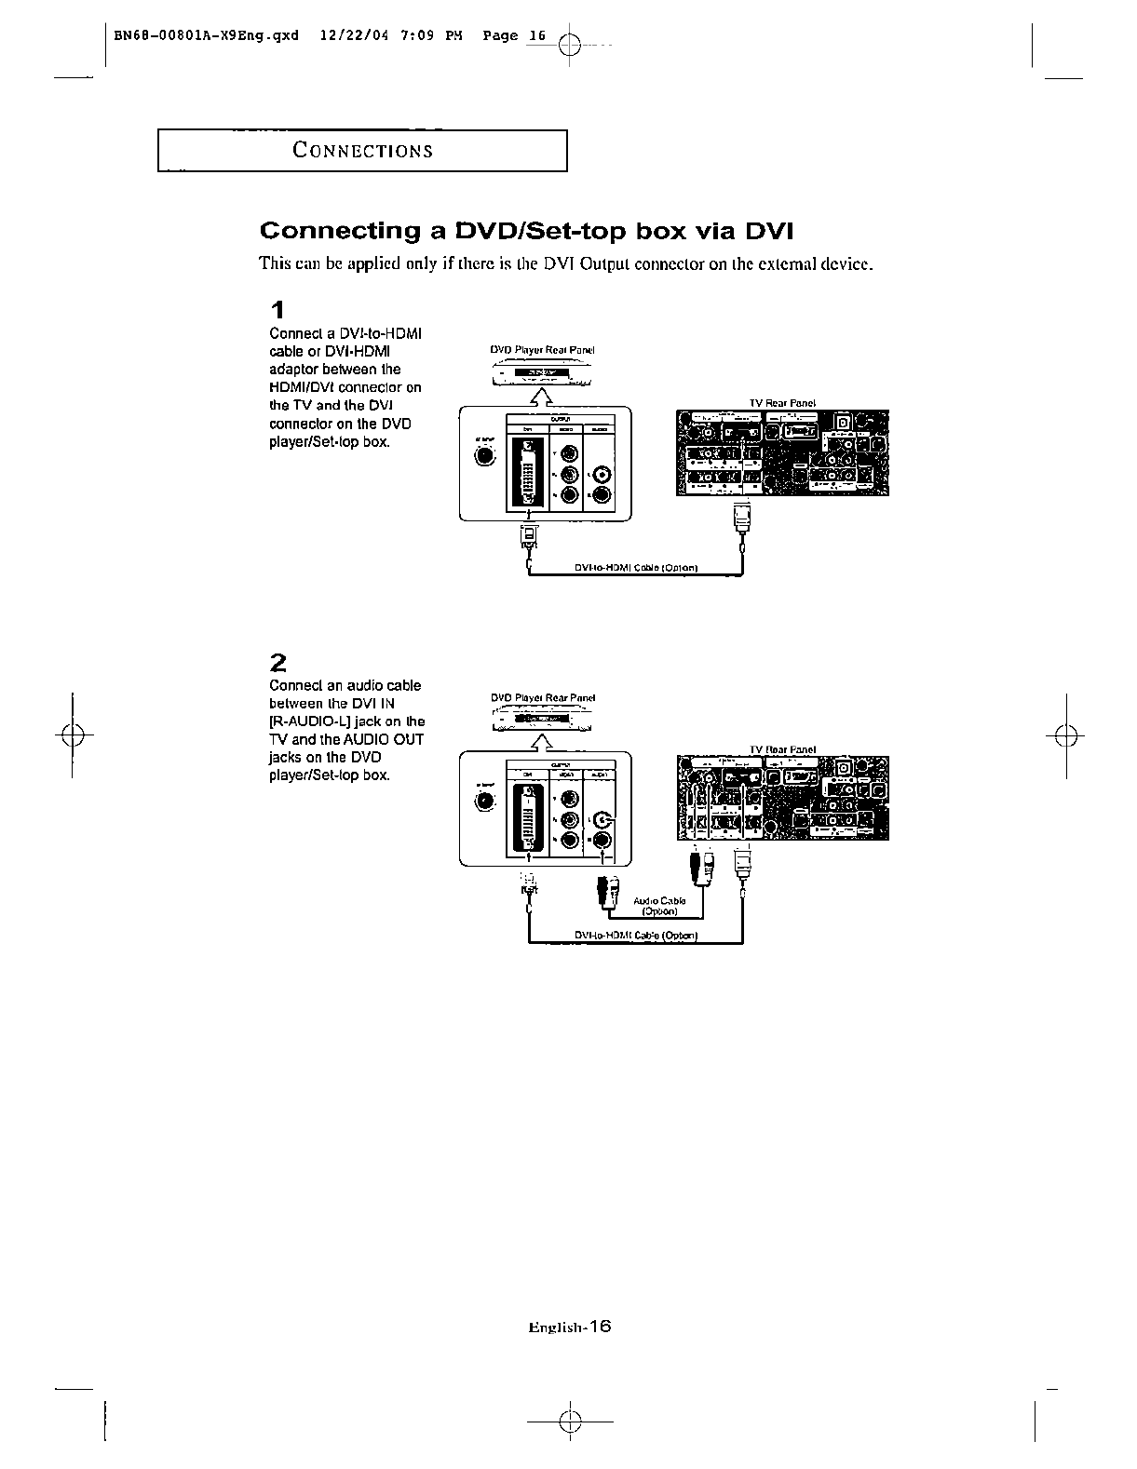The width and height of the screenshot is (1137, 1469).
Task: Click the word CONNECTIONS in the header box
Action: (362, 151)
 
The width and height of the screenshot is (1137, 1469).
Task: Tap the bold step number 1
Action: (277, 310)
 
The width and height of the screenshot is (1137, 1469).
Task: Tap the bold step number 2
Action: (277, 663)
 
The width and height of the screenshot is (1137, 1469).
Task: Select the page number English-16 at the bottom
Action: (568, 1327)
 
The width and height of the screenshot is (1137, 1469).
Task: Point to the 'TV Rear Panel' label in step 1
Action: (782, 403)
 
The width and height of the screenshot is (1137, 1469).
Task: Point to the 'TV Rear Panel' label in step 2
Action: (782, 749)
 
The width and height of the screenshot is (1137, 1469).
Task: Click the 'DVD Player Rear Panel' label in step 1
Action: (542, 351)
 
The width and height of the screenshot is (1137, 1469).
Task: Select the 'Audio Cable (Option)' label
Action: (659, 906)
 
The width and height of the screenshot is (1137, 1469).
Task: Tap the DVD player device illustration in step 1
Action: (542, 374)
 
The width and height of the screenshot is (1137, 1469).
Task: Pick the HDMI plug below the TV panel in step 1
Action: (741, 518)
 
